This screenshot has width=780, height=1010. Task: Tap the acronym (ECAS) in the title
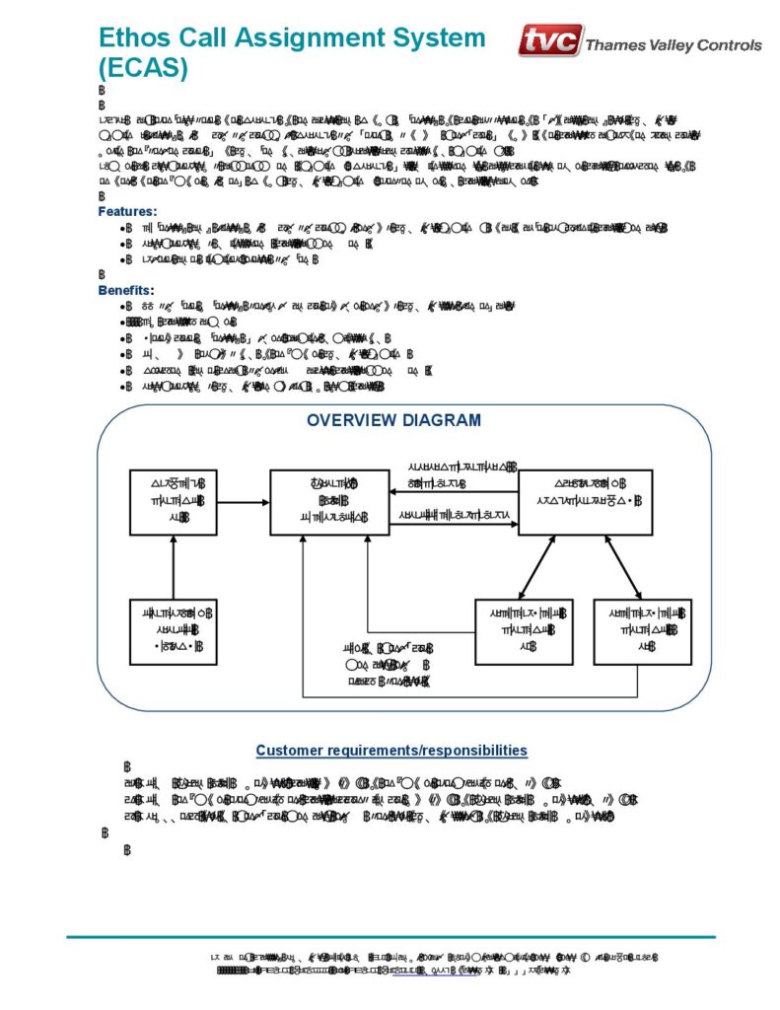point(143,69)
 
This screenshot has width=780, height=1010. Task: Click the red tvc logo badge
point(550,41)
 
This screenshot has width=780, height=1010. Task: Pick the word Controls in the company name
point(729,45)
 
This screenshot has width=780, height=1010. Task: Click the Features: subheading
point(127,211)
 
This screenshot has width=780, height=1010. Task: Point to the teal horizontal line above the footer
point(390,937)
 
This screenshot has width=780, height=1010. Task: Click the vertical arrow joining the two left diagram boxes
point(174,567)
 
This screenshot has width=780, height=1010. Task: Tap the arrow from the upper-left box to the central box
point(244,502)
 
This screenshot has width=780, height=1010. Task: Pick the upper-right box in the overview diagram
point(586,502)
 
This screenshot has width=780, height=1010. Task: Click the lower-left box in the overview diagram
point(174,631)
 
